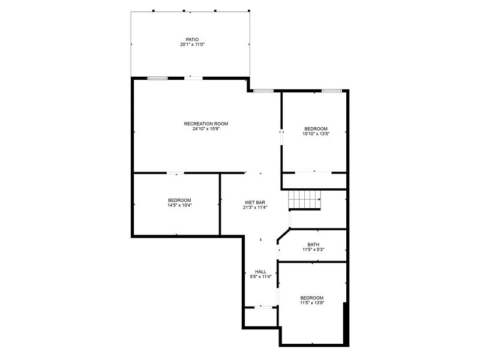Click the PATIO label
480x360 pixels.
(192, 40)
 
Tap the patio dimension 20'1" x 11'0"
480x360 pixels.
(192, 44)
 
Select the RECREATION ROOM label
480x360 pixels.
(206, 124)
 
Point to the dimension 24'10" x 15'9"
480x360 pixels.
(206, 129)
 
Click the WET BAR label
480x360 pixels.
(254, 202)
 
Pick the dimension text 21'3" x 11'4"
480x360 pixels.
(254, 208)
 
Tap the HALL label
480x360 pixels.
(260, 272)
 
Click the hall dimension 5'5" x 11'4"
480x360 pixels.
(260, 277)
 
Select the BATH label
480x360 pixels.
(313, 245)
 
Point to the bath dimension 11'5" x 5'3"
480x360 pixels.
(313, 250)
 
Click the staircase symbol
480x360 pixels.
(305, 199)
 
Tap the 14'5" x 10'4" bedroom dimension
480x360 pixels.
(179, 205)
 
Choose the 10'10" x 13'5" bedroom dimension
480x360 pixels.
(316, 134)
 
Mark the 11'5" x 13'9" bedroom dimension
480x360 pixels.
(312, 303)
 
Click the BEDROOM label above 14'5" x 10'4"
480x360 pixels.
(179, 200)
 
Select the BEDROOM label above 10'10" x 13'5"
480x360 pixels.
(316, 129)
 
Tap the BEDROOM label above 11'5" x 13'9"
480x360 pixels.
(312, 298)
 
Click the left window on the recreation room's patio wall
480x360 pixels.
(158, 79)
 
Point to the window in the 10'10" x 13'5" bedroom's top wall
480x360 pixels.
(332, 91)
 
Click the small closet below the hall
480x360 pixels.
(260, 317)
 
